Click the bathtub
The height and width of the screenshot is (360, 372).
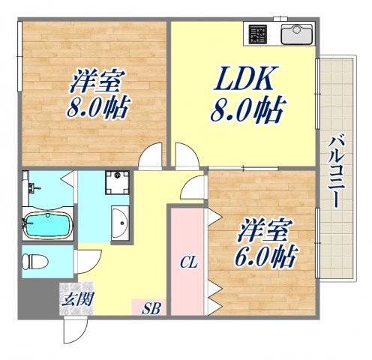pyautogui.click(x=46, y=223)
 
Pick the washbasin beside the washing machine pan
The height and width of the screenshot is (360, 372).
pyautogui.click(x=120, y=221)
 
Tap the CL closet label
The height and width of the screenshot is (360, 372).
pyautogui.click(x=187, y=262)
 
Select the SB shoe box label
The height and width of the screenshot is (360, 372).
pyautogui.click(x=150, y=307)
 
